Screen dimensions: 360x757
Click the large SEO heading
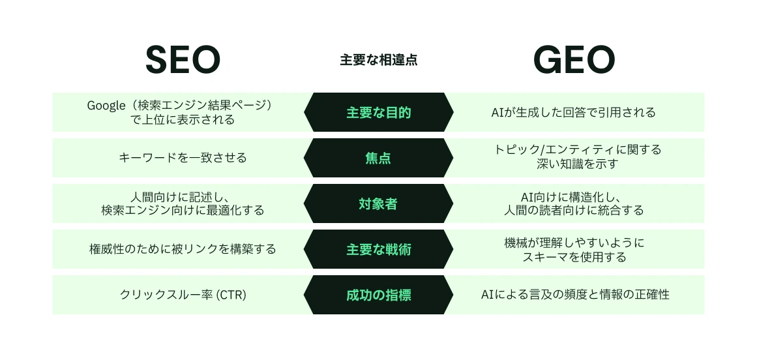[183, 61]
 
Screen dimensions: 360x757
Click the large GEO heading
[574, 61]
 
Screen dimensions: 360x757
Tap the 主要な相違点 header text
[378, 60]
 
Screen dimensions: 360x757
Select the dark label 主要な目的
[378, 112]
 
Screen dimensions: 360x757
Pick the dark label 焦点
[378, 158]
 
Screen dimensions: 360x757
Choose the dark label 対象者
[378, 203]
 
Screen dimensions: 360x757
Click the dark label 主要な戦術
[378, 249]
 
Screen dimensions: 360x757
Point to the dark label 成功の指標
[378, 295]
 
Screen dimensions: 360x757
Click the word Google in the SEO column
[106, 105]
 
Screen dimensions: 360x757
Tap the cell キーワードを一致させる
[183, 158]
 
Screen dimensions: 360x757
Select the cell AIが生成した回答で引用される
[573, 112]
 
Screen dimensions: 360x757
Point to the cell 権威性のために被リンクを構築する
[183, 249]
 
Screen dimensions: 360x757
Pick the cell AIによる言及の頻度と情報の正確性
[574, 295]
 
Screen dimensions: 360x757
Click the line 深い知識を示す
[574, 164]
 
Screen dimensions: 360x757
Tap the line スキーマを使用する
[574, 256]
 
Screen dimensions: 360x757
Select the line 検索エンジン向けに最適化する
[183, 210]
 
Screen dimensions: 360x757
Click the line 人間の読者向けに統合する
[574, 210]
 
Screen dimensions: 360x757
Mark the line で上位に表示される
[183, 119]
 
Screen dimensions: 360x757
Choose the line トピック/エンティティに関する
[574, 151]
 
